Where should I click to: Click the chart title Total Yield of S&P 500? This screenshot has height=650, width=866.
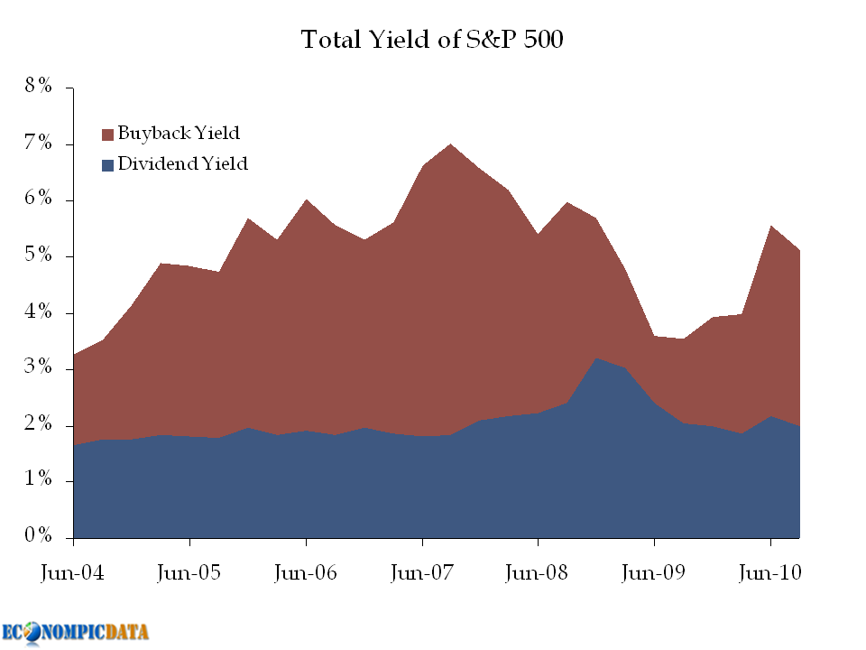pos(432,41)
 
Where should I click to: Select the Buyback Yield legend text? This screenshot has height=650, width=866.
pos(179,134)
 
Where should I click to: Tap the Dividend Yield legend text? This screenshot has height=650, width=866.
pos(182,164)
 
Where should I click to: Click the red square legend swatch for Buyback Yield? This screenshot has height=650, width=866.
pos(108,135)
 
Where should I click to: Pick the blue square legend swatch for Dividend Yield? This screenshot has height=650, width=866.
pos(108,165)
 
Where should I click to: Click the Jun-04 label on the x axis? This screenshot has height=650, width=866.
pos(73,573)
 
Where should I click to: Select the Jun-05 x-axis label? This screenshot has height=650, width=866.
pos(189,573)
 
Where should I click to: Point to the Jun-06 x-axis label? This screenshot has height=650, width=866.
pos(306,573)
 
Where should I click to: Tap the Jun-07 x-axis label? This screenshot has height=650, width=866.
pos(422,573)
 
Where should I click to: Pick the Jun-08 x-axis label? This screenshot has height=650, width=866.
pos(538,573)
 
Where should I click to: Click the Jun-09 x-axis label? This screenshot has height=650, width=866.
pos(654,573)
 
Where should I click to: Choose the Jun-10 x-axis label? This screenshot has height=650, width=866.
pos(770,573)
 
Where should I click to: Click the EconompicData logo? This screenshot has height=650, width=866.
pos(76,631)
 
